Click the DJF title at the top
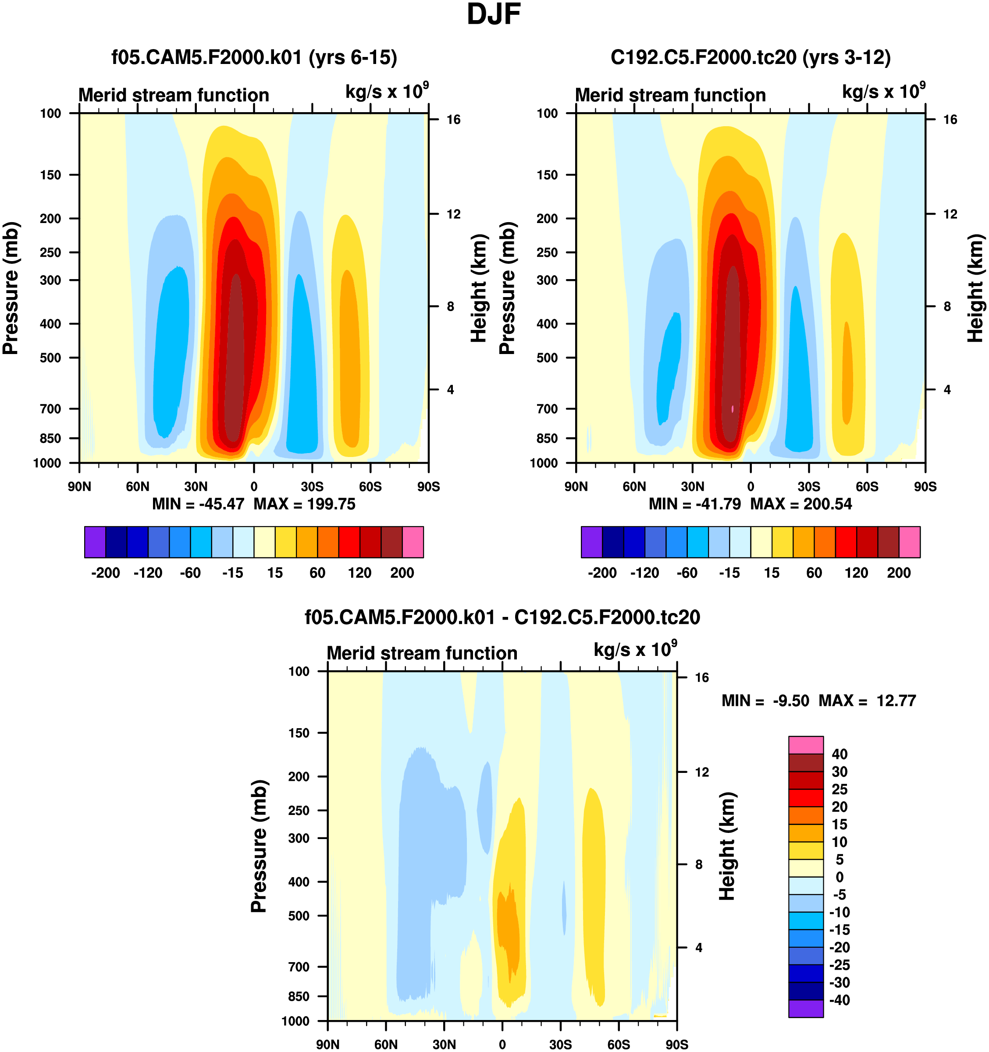pyautogui.click(x=494, y=15)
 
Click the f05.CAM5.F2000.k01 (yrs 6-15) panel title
pyautogui.click(x=254, y=57)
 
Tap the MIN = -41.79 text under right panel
pyautogui.click(x=695, y=504)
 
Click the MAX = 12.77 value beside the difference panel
pyautogui.click(x=867, y=701)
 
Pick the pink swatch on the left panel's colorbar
pyautogui.click(x=413, y=542)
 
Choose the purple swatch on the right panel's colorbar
pyautogui.click(x=591, y=542)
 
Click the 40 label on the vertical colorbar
pyautogui.click(x=840, y=754)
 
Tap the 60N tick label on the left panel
pyautogui.click(x=138, y=487)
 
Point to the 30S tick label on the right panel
pyautogui.click(x=809, y=487)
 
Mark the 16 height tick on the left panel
pyautogui.click(x=453, y=120)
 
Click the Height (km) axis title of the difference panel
pyautogui.click(x=727, y=846)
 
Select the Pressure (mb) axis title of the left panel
pyautogui.click(x=11, y=288)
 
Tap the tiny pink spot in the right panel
pyautogui.click(x=733, y=408)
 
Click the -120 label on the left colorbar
pyautogui.click(x=148, y=573)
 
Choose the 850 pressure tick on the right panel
pyautogui.click(x=547, y=439)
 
